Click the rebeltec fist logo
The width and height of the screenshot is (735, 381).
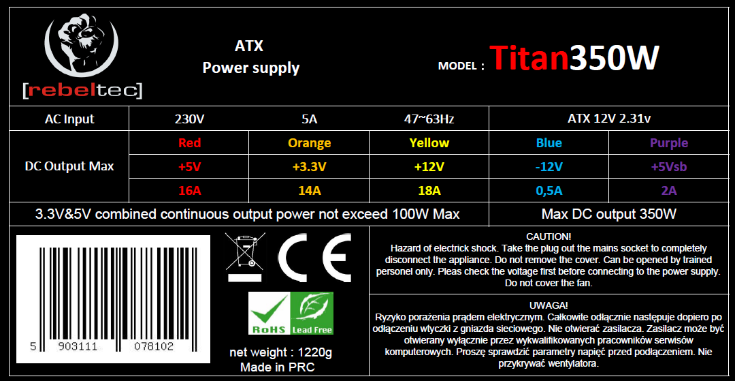[x=80, y=45]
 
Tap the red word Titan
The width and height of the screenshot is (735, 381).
[x=529, y=59]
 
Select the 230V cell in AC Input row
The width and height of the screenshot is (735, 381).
[x=189, y=119]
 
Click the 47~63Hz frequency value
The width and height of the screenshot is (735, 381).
[x=429, y=119]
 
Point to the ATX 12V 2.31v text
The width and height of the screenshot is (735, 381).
[x=608, y=119]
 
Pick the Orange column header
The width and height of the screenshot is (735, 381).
[x=310, y=142]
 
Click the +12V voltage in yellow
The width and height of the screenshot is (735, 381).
[x=429, y=166]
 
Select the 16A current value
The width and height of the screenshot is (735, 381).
[x=189, y=191]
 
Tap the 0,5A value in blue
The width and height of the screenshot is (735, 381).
[x=549, y=191]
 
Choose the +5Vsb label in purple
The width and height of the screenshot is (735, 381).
[x=669, y=166]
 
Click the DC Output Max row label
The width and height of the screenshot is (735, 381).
[x=69, y=166]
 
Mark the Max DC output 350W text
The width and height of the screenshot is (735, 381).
[x=609, y=215]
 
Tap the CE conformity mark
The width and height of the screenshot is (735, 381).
[x=314, y=257]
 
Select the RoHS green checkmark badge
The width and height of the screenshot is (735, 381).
[x=269, y=313]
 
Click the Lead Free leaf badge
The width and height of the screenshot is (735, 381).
[x=312, y=313]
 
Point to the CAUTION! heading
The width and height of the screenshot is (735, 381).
[x=549, y=237]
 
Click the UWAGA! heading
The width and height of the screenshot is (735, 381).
[x=549, y=305]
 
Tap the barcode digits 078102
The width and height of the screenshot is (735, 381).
[x=154, y=347]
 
